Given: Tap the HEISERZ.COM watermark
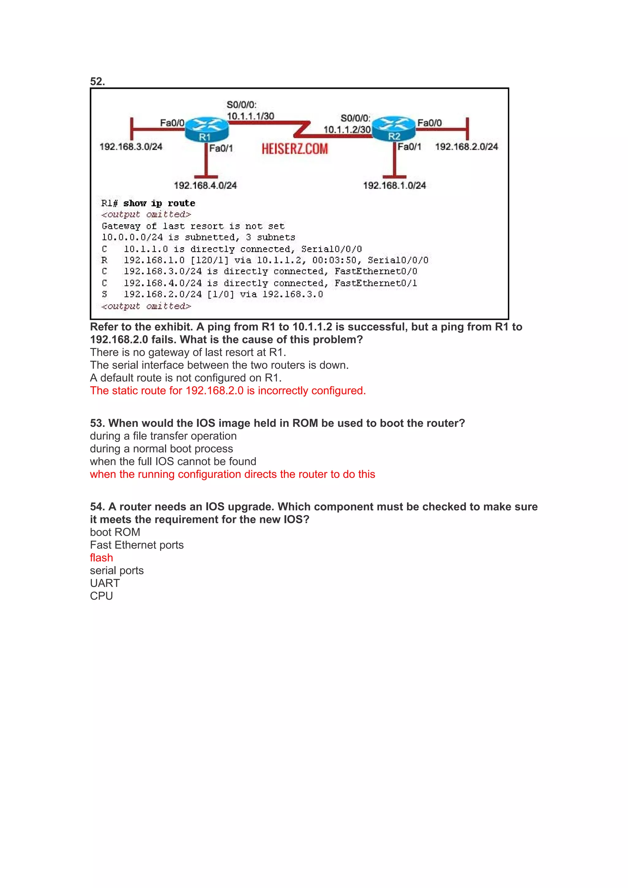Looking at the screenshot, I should [294, 149].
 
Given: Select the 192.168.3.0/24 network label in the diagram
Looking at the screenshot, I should [131, 146].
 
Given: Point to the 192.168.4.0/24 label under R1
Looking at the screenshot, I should [205, 185].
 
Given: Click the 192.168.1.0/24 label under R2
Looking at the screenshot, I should [394, 185].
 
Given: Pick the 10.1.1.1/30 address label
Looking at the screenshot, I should [250, 116].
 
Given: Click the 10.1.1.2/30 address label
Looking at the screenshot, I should [347, 130].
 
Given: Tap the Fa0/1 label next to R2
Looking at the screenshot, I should [409, 146].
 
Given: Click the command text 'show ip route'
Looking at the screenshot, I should [159, 203].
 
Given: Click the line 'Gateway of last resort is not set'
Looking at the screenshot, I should [193, 226].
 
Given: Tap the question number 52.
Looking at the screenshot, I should [98, 81].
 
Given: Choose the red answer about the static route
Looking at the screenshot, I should [228, 391].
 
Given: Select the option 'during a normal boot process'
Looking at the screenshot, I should [161, 449].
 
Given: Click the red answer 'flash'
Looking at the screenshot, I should [101, 558].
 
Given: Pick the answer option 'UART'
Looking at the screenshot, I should [105, 583].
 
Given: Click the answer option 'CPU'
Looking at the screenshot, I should [101, 596].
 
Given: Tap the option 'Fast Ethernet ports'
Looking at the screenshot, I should [136, 545].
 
